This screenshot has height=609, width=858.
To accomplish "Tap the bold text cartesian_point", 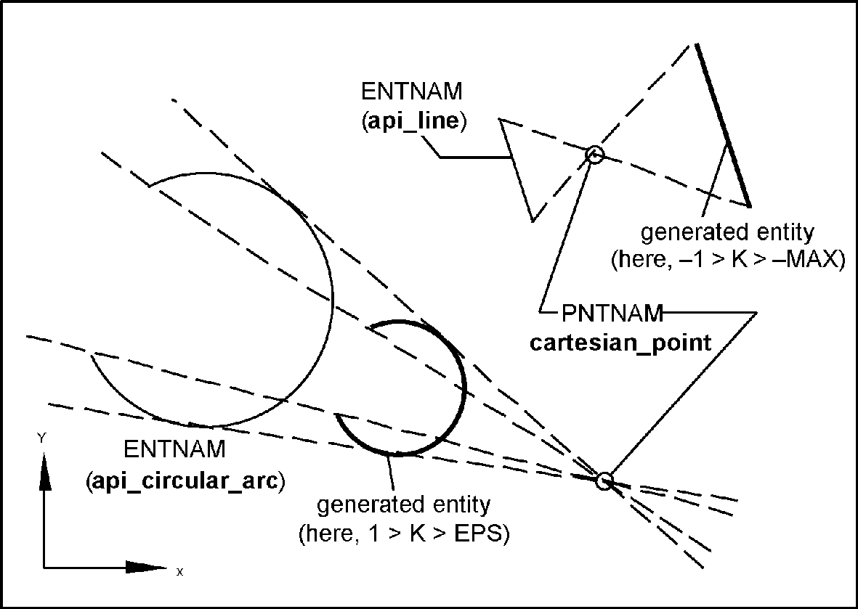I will coord(620,343).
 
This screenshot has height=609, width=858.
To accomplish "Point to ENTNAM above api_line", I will coord(411,92).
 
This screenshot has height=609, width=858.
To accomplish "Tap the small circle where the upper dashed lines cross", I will coord(595,155).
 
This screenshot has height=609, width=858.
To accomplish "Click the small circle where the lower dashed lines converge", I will coord(604,480).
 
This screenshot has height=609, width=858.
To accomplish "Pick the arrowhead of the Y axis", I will coord(44,472).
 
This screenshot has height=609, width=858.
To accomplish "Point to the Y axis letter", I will coord(42,438).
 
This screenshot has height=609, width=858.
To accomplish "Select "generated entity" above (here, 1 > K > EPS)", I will coord(405,504).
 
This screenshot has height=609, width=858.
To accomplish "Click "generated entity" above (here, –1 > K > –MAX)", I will coord(727,233).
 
